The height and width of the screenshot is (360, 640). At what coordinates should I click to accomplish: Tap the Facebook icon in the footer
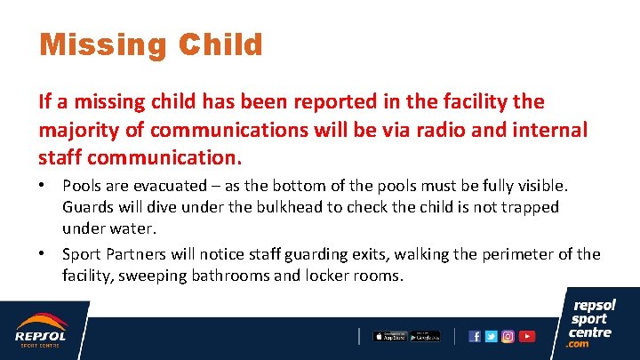click(x=475, y=336)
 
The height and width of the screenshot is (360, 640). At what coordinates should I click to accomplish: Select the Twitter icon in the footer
click(x=491, y=336)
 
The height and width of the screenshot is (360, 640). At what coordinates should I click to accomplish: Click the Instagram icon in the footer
click(x=508, y=336)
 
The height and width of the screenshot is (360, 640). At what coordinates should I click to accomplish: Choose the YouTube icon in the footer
click(x=527, y=336)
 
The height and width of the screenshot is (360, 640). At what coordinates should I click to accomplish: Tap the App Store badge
click(x=390, y=336)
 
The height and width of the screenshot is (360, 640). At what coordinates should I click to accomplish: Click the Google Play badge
click(x=426, y=336)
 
